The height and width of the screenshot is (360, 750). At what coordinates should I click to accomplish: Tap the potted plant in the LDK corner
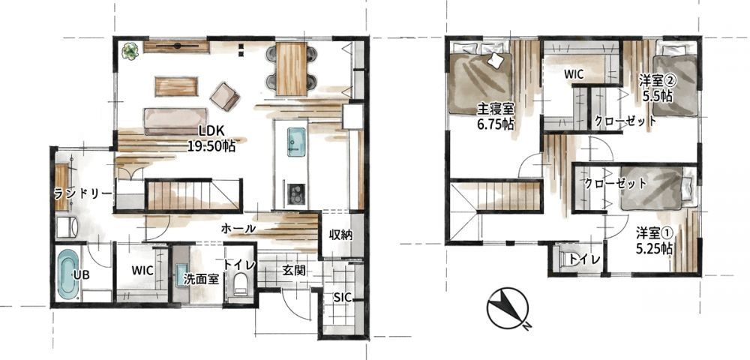pyautogui.click(x=130, y=50)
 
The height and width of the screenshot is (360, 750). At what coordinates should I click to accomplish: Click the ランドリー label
pyautogui.click(x=82, y=194)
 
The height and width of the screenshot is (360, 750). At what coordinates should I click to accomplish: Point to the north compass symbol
pyautogui.click(x=508, y=309)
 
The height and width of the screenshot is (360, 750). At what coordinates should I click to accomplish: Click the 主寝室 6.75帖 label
pyautogui.click(x=496, y=118)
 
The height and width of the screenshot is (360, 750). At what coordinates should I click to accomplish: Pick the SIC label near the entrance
pyautogui.click(x=343, y=298)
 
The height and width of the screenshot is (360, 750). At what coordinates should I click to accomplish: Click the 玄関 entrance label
pyautogui.click(x=293, y=271)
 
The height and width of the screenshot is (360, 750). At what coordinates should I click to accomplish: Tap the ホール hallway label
pyautogui.click(x=238, y=229)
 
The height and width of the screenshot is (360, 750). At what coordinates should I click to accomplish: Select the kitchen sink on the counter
pyautogui.click(x=296, y=142)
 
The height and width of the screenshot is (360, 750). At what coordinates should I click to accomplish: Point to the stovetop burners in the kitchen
pyautogui.click(x=295, y=193)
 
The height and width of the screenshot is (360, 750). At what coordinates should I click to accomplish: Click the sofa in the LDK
pyautogui.click(x=175, y=121)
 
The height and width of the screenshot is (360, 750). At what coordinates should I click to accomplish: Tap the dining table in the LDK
pyautogui.click(x=291, y=68)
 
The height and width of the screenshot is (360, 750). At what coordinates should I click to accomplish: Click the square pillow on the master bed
pyautogui.click(x=495, y=60)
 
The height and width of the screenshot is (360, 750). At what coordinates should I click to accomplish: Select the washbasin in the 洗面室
pyautogui.click(x=181, y=275)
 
